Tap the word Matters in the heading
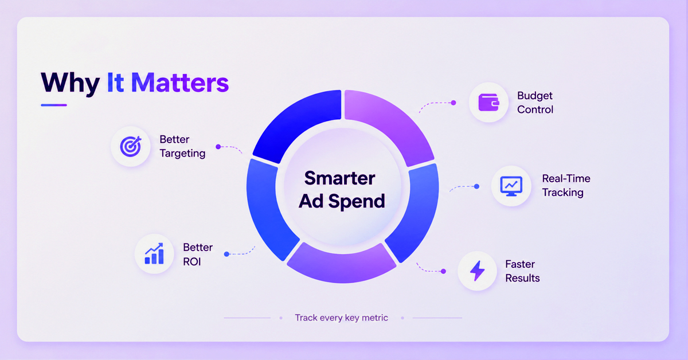[180, 83]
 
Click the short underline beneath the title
[54, 105]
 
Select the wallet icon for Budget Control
[488, 102]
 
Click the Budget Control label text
[535, 103]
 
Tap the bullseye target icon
[131, 146]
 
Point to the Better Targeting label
[182, 146]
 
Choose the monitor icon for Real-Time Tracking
[511, 186]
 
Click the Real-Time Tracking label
[566, 186]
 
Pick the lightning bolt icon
[477, 271]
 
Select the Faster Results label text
[522, 271]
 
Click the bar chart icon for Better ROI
[154, 253]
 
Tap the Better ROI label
[198, 255]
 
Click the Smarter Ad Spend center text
[342, 190]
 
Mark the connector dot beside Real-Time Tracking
[476, 186]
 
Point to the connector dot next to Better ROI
[226, 254]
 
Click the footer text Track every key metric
[341, 318]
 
